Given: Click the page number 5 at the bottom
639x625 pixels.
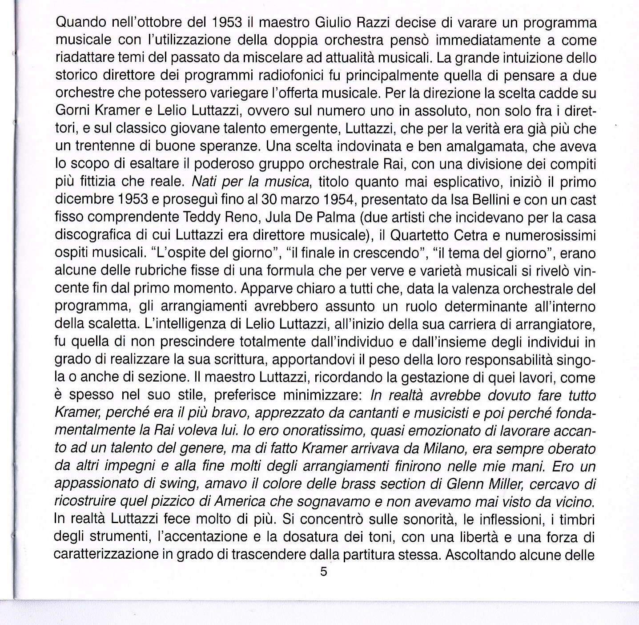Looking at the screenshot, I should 323,572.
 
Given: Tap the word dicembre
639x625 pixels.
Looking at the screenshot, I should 84,200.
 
